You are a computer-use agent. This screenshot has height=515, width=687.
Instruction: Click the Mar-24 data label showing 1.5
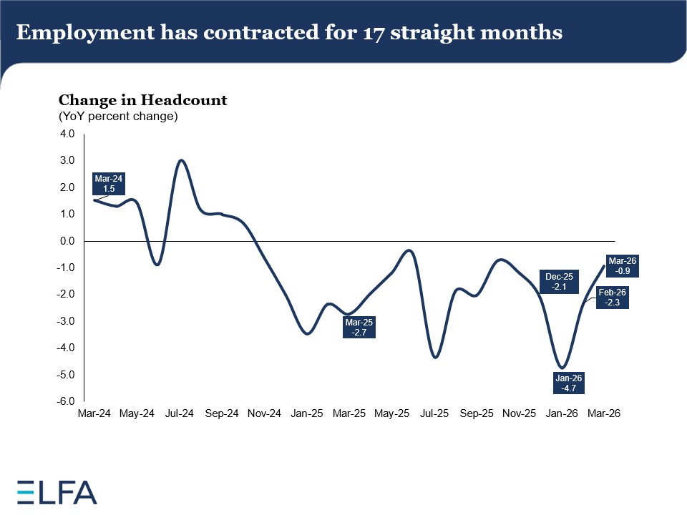point(108,184)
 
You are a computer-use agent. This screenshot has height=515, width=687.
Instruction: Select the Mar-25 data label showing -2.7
point(359,327)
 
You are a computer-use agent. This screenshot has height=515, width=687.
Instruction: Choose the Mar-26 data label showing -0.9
point(623,266)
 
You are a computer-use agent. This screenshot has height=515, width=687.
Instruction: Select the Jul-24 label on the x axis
point(179,413)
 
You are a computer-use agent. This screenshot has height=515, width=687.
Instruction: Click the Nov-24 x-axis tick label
point(264,413)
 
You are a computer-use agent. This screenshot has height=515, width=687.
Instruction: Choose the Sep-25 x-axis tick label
point(477,413)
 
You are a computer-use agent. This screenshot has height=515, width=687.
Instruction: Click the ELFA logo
point(57,492)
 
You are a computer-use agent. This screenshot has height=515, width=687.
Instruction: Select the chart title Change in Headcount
point(142,100)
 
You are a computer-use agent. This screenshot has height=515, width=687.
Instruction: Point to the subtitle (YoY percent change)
point(118,116)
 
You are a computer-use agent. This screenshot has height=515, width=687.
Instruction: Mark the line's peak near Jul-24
point(182,160)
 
